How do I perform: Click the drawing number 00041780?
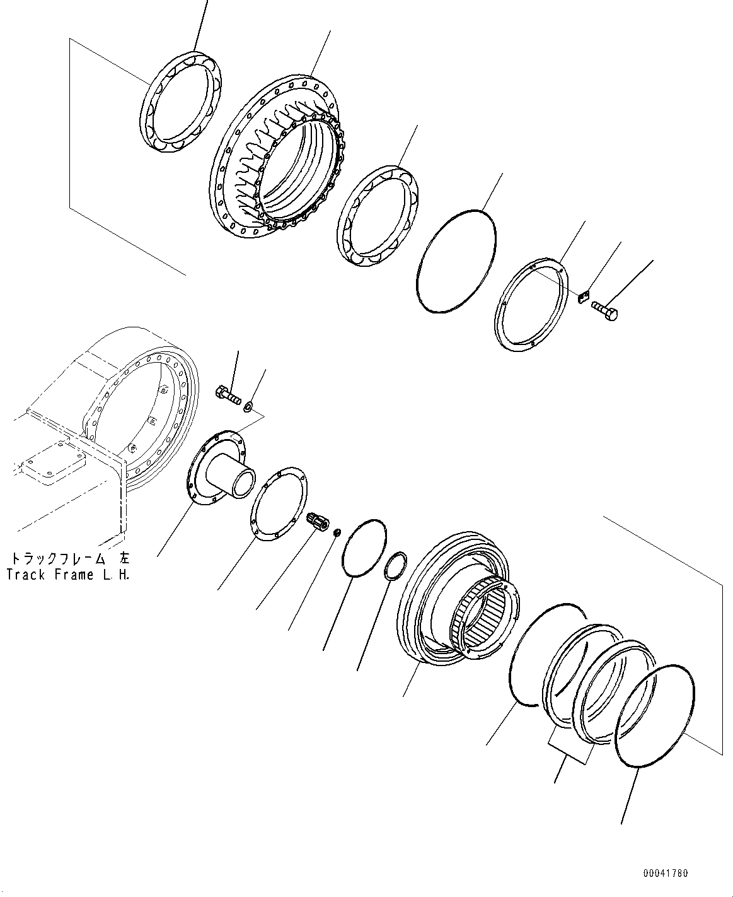tap(666, 873)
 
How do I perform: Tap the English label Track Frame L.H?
tap(68, 575)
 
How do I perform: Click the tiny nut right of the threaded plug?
tap(337, 534)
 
